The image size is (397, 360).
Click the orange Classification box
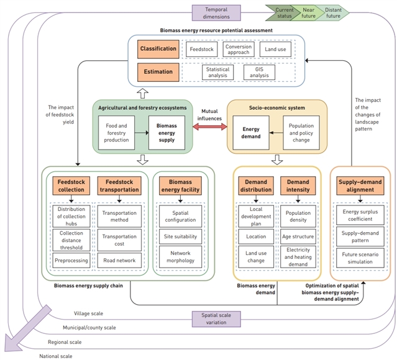tap(158, 48)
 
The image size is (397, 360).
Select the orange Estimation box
tap(158, 72)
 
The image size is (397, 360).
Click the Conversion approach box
tap(239, 48)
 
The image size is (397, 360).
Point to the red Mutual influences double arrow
tap(209, 127)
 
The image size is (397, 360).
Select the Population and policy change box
tap(302, 132)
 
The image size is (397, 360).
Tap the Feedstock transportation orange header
tap(118, 185)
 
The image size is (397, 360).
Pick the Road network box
tap(118, 261)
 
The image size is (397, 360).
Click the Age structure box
tap(298, 236)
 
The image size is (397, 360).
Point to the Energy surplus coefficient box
tap(357, 215)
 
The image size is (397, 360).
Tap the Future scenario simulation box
tap(357, 258)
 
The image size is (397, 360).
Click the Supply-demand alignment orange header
tap(357, 185)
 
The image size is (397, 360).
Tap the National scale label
tap(56, 356)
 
